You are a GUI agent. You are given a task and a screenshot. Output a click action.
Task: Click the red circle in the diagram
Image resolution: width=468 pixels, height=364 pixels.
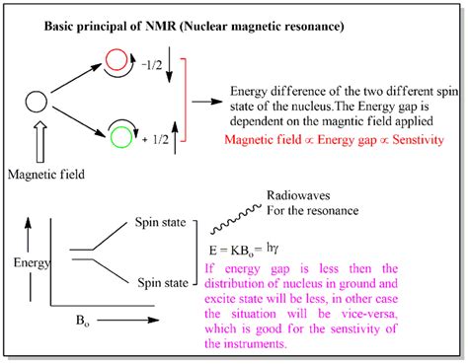[x=114, y=61]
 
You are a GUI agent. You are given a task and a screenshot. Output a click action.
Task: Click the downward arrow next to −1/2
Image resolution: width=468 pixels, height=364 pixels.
[x=173, y=64]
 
